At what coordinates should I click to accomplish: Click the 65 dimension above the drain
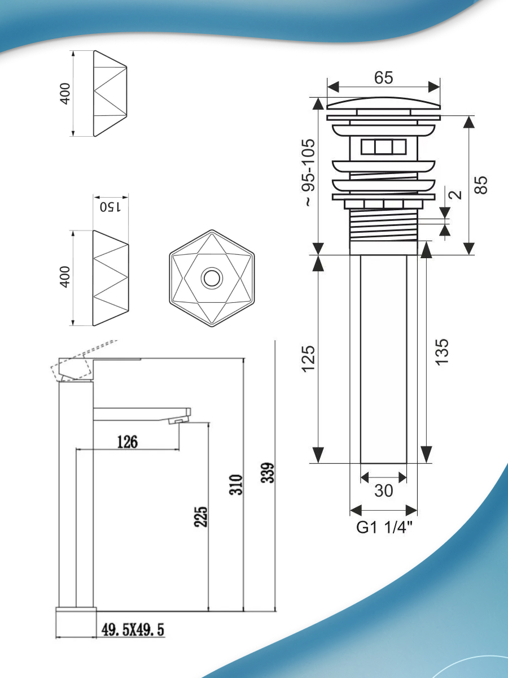click(x=383, y=77)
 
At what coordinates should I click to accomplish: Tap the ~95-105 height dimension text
click(x=309, y=173)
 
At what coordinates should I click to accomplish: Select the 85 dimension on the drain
click(x=481, y=185)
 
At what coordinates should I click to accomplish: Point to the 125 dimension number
click(x=309, y=359)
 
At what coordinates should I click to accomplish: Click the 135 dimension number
click(x=442, y=352)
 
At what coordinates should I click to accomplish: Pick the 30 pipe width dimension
click(x=384, y=490)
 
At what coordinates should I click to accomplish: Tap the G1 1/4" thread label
click(x=384, y=527)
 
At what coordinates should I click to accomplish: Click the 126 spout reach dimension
click(x=128, y=442)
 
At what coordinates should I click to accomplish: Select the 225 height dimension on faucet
click(x=201, y=516)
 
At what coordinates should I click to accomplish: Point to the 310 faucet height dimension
click(x=236, y=485)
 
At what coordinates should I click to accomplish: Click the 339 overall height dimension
click(x=268, y=472)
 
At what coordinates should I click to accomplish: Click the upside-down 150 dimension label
click(x=111, y=207)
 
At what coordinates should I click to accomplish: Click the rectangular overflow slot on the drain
click(x=383, y=147)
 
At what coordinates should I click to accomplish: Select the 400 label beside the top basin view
click(x=65, y=94)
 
